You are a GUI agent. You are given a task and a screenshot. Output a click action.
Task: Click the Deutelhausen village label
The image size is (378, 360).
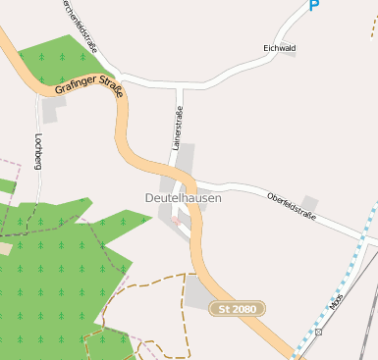pos(183,197)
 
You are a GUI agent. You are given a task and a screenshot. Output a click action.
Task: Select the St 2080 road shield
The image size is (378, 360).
pos(238,309)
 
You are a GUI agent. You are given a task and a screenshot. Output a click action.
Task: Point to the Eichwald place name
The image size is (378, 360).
pos(280,46)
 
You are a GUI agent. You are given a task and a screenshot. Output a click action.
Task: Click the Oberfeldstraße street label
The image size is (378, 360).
pos(292,206)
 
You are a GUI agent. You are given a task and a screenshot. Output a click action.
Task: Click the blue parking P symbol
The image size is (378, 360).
pos(314,6)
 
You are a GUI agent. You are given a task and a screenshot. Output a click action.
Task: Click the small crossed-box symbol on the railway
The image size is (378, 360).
pos(319,333)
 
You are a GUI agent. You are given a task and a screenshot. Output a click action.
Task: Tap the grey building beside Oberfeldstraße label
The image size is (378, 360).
pos(309,203)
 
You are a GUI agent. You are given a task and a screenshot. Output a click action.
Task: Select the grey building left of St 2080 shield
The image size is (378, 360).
pos(198,292)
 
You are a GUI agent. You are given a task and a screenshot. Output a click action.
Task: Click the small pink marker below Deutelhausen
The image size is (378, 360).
pos(176,221)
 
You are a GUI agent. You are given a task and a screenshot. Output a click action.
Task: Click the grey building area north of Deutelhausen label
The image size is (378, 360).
pos(184,157)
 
